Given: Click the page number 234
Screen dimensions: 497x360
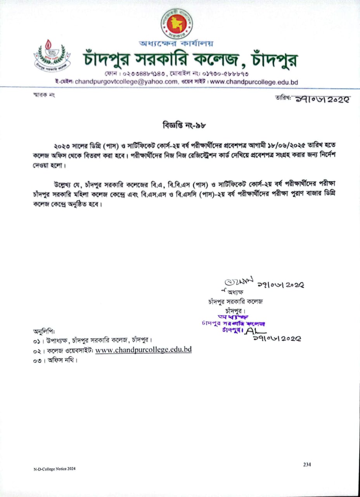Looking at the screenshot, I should click(x=307, y=464).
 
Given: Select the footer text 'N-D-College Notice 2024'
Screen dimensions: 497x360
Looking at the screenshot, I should click(x=54, y=469).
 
